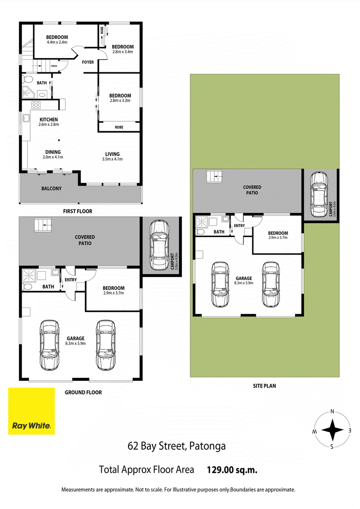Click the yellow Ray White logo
(x=31, y=411)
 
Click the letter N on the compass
(x=332, y=411)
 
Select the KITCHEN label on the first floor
(x=49, y=120)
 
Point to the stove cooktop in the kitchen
(x=36, y=105)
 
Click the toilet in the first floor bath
(x=27, y=80)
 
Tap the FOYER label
(x=88, y=62)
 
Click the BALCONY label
(x=51, y=188)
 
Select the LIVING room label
(x=112, y=154)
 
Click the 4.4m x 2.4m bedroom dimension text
(x=57, y=42)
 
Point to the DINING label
(x=53, y=152)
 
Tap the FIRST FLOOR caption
(x=78, y=211)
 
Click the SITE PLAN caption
(x=265, y=386)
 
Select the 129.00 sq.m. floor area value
(x=232, y=470)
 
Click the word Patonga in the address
(x=207, y=446)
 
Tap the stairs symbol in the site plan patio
(x=214, y=176)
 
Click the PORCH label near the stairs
(x=54, y=66)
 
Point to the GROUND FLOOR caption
(x=83, y=393)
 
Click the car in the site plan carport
(x=319, y=194)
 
